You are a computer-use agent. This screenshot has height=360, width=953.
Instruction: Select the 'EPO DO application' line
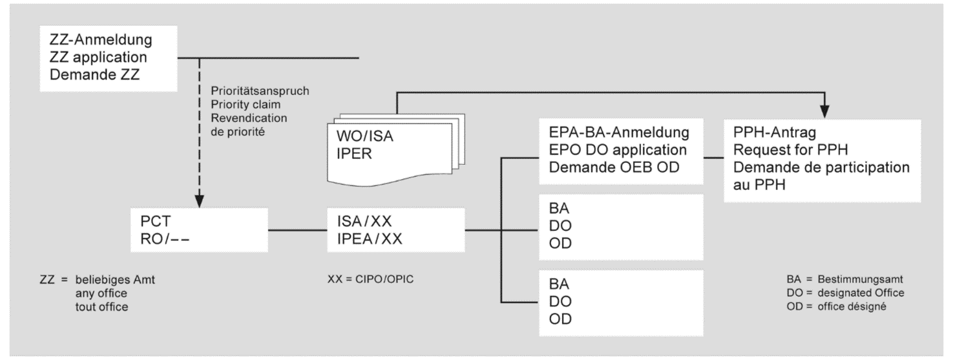tap(612, 150)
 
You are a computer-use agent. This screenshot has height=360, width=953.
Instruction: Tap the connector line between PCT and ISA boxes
tap(298, 229)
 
